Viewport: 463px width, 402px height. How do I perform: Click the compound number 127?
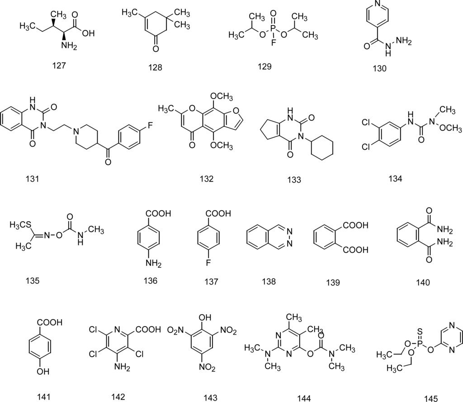tap(59, 65)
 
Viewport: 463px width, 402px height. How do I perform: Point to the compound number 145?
tap(431, 398)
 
